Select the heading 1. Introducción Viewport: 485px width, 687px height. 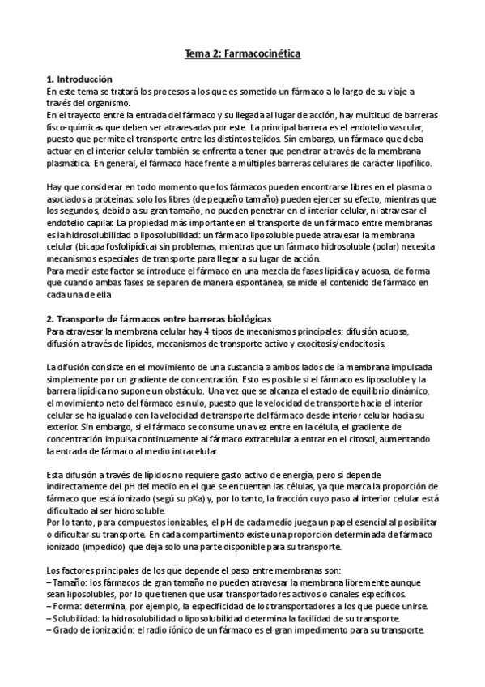point(79,79)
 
